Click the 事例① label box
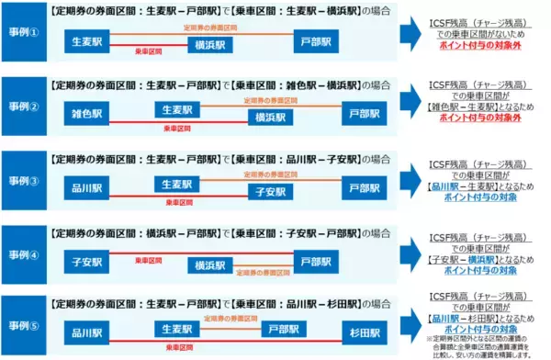click(x=23, y=34)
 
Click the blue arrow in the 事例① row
click(x=413, y=33)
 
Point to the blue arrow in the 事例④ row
click(x=413, y=253)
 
